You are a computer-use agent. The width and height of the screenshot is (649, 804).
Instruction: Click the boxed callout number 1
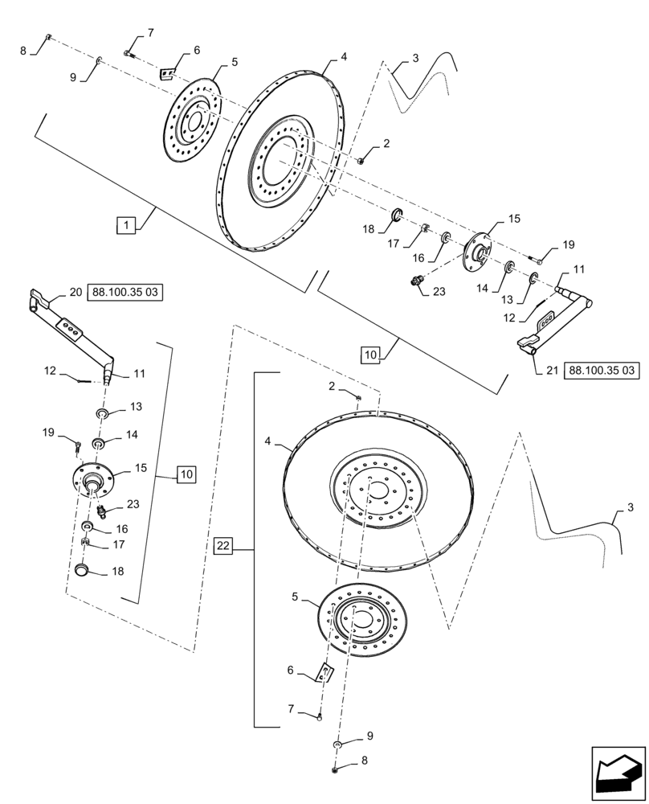coord(125,226)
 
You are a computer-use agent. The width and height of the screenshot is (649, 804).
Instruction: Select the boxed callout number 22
coord(223,546)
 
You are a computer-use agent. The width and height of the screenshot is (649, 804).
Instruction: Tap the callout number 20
coord(76,293)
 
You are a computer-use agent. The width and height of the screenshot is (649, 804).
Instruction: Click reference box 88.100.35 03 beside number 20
coord(125,293)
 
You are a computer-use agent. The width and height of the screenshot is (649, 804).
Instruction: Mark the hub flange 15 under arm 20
coord(93,481)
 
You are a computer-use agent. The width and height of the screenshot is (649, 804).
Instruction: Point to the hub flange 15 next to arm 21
coord(480,254)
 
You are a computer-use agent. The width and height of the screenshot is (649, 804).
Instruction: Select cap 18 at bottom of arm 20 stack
coord(82,570)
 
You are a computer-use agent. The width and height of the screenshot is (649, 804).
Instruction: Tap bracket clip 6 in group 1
coord(168,73)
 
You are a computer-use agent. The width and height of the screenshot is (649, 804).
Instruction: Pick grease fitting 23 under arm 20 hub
coord(101,512)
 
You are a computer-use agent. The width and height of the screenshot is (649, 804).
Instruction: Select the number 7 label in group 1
coord(149,33)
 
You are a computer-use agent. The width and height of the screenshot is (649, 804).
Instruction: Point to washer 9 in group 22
coord(338,745)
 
